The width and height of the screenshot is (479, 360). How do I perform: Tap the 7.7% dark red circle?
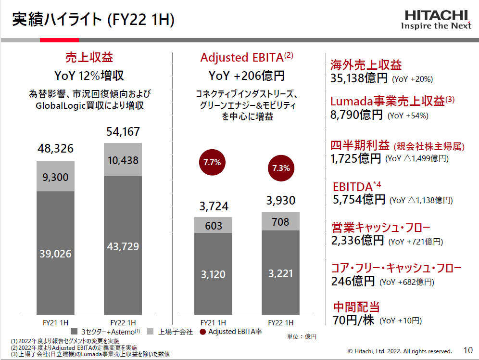coord(212,162)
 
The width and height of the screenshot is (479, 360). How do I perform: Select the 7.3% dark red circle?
coord(280,168)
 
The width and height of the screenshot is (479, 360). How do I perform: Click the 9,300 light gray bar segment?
coord(56,176)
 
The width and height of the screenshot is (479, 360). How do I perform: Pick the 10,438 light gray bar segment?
coord(123,159)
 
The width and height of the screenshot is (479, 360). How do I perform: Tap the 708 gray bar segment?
coord(280,221)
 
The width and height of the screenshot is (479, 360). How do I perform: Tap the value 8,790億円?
coord(357,115)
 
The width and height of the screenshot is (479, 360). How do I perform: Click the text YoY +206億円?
coord(246,76)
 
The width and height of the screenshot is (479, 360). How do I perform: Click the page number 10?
coord(468,350)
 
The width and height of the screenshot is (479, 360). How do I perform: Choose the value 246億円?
coord(353,281)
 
